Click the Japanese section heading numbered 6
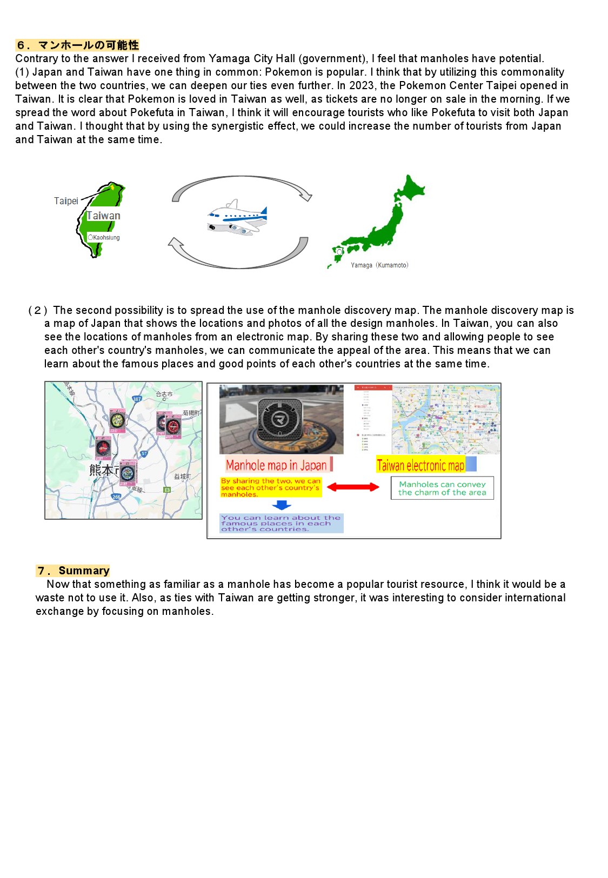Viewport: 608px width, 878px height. click(x=77, y=45)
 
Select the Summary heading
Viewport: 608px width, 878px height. click(x=73, y=571)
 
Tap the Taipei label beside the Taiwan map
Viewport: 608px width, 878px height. click(x=66, y=201)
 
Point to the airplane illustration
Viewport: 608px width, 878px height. click(x=238, y=218)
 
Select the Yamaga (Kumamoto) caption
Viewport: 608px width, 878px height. click(x=379, y=265)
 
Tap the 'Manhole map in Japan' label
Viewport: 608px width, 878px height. click(x=276, y=465)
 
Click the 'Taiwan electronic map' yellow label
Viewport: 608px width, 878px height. click(x=420, y=465)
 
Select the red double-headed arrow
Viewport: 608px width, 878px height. click(x=353, y=487)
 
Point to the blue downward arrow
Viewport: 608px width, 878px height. click(x=282, y=505)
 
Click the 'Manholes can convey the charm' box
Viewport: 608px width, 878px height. click(x=442, y=488)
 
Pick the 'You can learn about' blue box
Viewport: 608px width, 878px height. click(x=281, y=524)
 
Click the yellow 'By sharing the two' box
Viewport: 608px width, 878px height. click(x=271, y=487)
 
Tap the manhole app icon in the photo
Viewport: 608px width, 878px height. click(x=279, y=419)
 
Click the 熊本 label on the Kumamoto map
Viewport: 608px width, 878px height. click(x=103, y=470)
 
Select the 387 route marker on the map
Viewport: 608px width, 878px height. click(x=137, y=399)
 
